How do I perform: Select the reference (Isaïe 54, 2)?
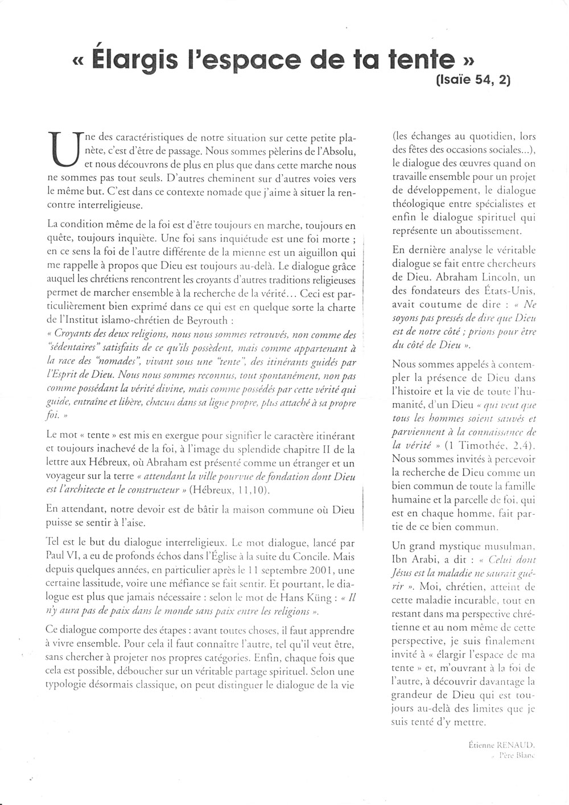coord(473,80)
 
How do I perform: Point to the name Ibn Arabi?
coord(414,559)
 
